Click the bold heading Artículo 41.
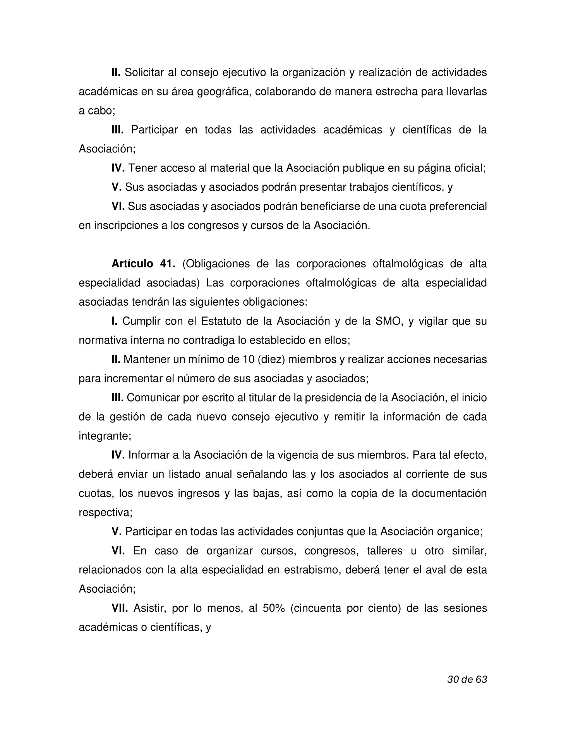tap(143, 264)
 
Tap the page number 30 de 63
tap(467, 679)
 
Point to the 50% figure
tap(274, 609)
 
